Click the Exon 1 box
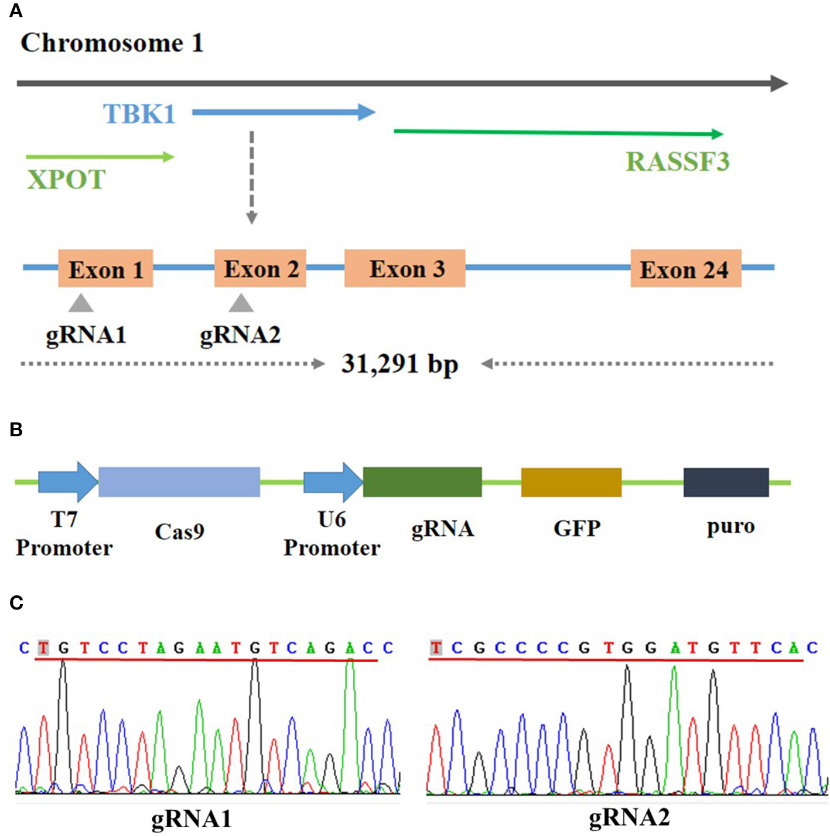105,268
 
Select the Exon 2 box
260,268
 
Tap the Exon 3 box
405,268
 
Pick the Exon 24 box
685,268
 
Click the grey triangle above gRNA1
81,304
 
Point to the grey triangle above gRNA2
241,304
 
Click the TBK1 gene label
139,114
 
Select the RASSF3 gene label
678,162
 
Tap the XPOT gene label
66,179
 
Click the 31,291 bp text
399,364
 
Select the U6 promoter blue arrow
332,482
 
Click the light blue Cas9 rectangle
179,482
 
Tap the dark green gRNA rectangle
422,482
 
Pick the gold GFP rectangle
571,482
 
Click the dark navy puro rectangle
726,482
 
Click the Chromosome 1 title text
112,43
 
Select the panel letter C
16,602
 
